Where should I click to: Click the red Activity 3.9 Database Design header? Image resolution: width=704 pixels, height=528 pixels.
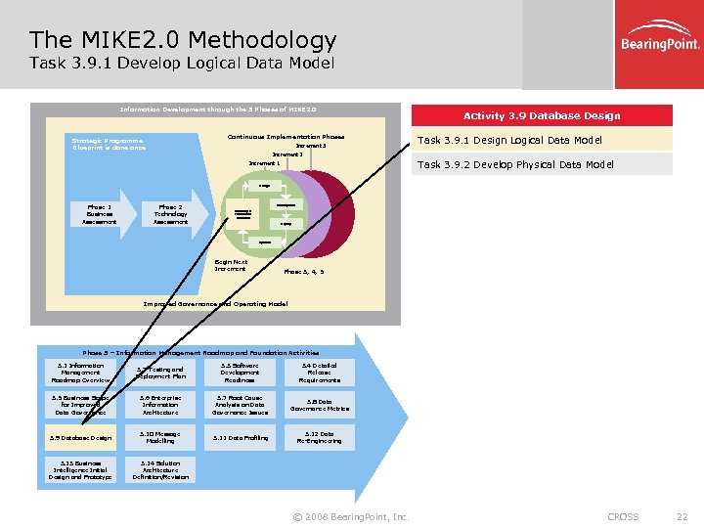coord(542,115)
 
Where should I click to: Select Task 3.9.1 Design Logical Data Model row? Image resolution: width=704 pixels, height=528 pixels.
coord(542,140)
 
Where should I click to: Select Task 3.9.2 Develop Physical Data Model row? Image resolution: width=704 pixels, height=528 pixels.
coord(542,164)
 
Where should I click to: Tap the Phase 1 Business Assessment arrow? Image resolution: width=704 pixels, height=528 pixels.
coord(97,214)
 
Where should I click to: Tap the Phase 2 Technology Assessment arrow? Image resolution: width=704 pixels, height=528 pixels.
coord(173,214)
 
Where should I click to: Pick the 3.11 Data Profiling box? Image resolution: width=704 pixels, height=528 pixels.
coord(240,437)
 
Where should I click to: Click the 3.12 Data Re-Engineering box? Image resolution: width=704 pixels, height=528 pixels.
coord(320,437)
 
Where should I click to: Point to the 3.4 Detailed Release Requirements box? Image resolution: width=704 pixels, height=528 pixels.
coord(320,372)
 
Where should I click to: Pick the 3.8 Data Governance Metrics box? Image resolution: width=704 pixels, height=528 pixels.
coord(320,405)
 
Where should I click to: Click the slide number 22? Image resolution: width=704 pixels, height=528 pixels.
coord(682,516)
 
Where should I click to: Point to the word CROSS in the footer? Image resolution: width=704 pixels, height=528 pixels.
coord(623,516)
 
